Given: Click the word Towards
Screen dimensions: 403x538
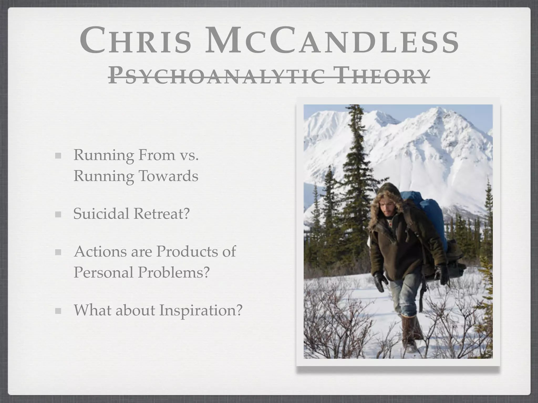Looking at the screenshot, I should tap(168, 176).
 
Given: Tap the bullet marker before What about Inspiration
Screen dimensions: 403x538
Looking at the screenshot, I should tap(58, 311).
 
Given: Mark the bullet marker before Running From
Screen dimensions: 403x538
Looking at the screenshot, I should tap(58, 156).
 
